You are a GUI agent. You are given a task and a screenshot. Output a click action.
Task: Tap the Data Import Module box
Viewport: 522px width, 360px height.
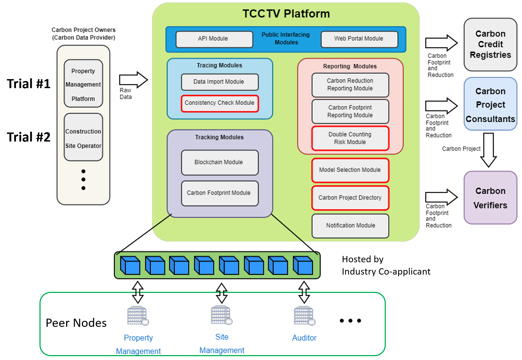pos(219,82)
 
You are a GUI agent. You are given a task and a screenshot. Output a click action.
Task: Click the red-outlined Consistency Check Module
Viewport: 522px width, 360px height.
pos(219,103)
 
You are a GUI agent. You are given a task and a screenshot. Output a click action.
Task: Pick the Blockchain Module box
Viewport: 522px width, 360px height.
pos(219,162)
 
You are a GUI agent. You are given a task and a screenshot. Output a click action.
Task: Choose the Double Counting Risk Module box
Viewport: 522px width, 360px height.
pos(350,138)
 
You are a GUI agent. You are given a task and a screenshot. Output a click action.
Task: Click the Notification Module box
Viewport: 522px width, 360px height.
pos(350,226)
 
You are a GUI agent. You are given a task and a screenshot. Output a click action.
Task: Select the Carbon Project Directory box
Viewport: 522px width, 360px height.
pos(350,198)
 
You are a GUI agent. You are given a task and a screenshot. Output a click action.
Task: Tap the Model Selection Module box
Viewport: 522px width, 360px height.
pos(350,170)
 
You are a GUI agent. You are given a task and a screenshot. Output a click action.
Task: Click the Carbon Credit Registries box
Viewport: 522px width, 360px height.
pos(490,44)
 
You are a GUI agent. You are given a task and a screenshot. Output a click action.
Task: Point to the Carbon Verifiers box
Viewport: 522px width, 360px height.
pos(490,198)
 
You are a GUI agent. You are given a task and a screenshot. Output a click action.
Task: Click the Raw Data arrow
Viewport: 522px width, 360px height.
pos(133,80)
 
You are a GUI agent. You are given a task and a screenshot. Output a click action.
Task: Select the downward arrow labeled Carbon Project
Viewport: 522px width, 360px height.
pos(488,150)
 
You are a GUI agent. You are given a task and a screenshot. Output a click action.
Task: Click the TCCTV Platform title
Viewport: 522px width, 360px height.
pos(286,14)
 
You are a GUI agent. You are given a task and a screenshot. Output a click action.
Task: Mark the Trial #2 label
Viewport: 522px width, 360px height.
pos(29,137)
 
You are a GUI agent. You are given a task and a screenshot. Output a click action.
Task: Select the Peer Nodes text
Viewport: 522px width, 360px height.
pos(76,323)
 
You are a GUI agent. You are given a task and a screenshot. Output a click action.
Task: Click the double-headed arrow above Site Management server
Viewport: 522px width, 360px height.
pos(221,293)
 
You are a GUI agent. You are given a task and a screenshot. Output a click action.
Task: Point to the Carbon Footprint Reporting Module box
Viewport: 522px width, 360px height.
pos(350,111)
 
